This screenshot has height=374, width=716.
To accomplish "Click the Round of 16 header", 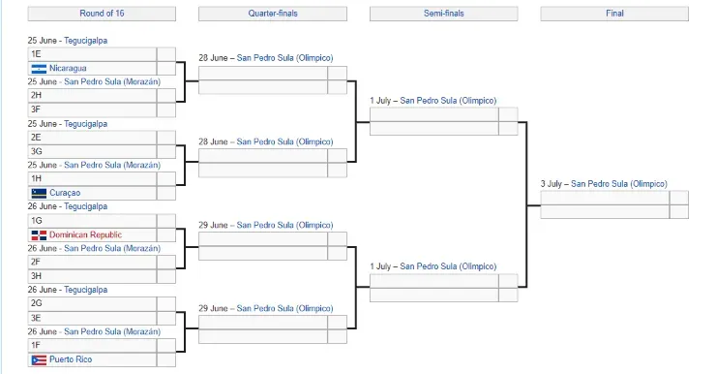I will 102,14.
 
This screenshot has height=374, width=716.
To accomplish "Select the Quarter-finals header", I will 272,14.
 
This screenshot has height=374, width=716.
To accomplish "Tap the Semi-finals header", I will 443,14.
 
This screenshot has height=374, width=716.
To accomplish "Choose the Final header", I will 614,14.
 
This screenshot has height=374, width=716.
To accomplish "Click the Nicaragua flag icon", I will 39,69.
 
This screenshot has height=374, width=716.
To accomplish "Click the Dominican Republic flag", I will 39,235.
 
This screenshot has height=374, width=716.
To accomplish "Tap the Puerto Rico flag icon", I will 39,360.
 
